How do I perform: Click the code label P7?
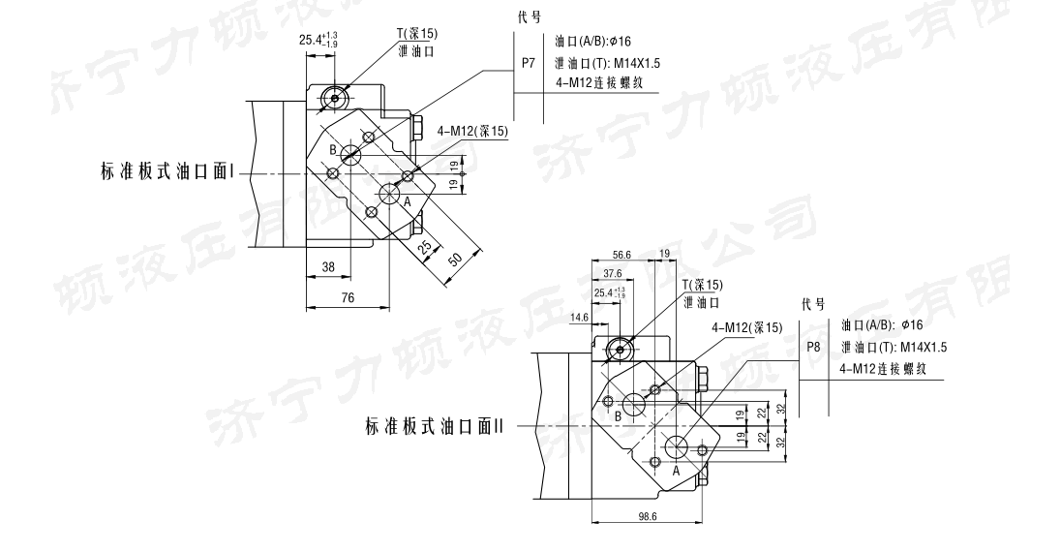click(528, 63)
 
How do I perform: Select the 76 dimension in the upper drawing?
click(347, 299)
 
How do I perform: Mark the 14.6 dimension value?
click(580, 317)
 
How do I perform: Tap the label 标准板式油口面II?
click(436, 426)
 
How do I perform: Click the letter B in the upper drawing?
click(332, 150)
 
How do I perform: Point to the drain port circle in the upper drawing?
click(335, 97)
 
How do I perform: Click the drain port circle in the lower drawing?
click(620, 347)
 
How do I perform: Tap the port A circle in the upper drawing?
click(393, 192)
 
